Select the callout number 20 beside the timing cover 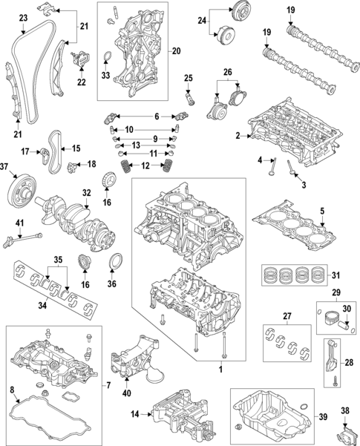coord(175,50)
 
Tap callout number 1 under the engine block coord(220,368)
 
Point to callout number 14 coord(134,413)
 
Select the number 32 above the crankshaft coord(87,192)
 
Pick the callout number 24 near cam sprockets coord(201,21)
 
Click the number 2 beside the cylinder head coord(238,135)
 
